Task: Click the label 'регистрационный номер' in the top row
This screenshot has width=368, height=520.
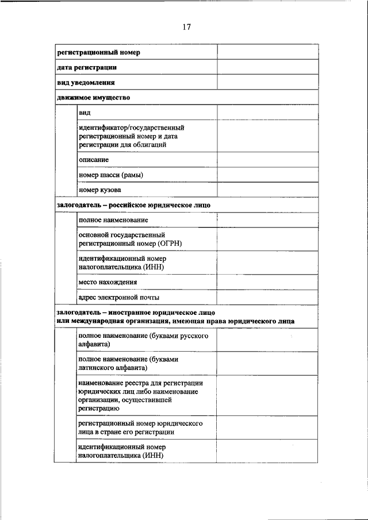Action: click(x=98, y=52)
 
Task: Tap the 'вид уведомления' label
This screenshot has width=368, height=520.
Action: click(x=86, y=82)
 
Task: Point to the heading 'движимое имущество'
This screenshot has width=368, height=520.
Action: click(x=93, y=97)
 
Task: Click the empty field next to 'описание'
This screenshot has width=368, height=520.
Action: click(x=267, y=159)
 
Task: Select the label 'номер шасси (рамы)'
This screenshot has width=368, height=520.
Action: click(x=111, y=175)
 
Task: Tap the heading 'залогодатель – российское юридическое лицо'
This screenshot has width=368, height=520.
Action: click(x=133, y=205)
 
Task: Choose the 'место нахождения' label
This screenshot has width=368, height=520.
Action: click(x=108, y=282)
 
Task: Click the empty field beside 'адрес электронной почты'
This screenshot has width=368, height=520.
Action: click(x=267, y=297)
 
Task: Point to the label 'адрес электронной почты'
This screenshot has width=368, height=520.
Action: click(x=119, y=297)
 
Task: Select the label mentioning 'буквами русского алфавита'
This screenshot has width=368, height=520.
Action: click(x=139, y=340)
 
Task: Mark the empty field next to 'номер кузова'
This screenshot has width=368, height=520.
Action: click(x=267, y=190)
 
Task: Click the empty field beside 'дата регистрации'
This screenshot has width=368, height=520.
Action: click(x=267, y=67)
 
